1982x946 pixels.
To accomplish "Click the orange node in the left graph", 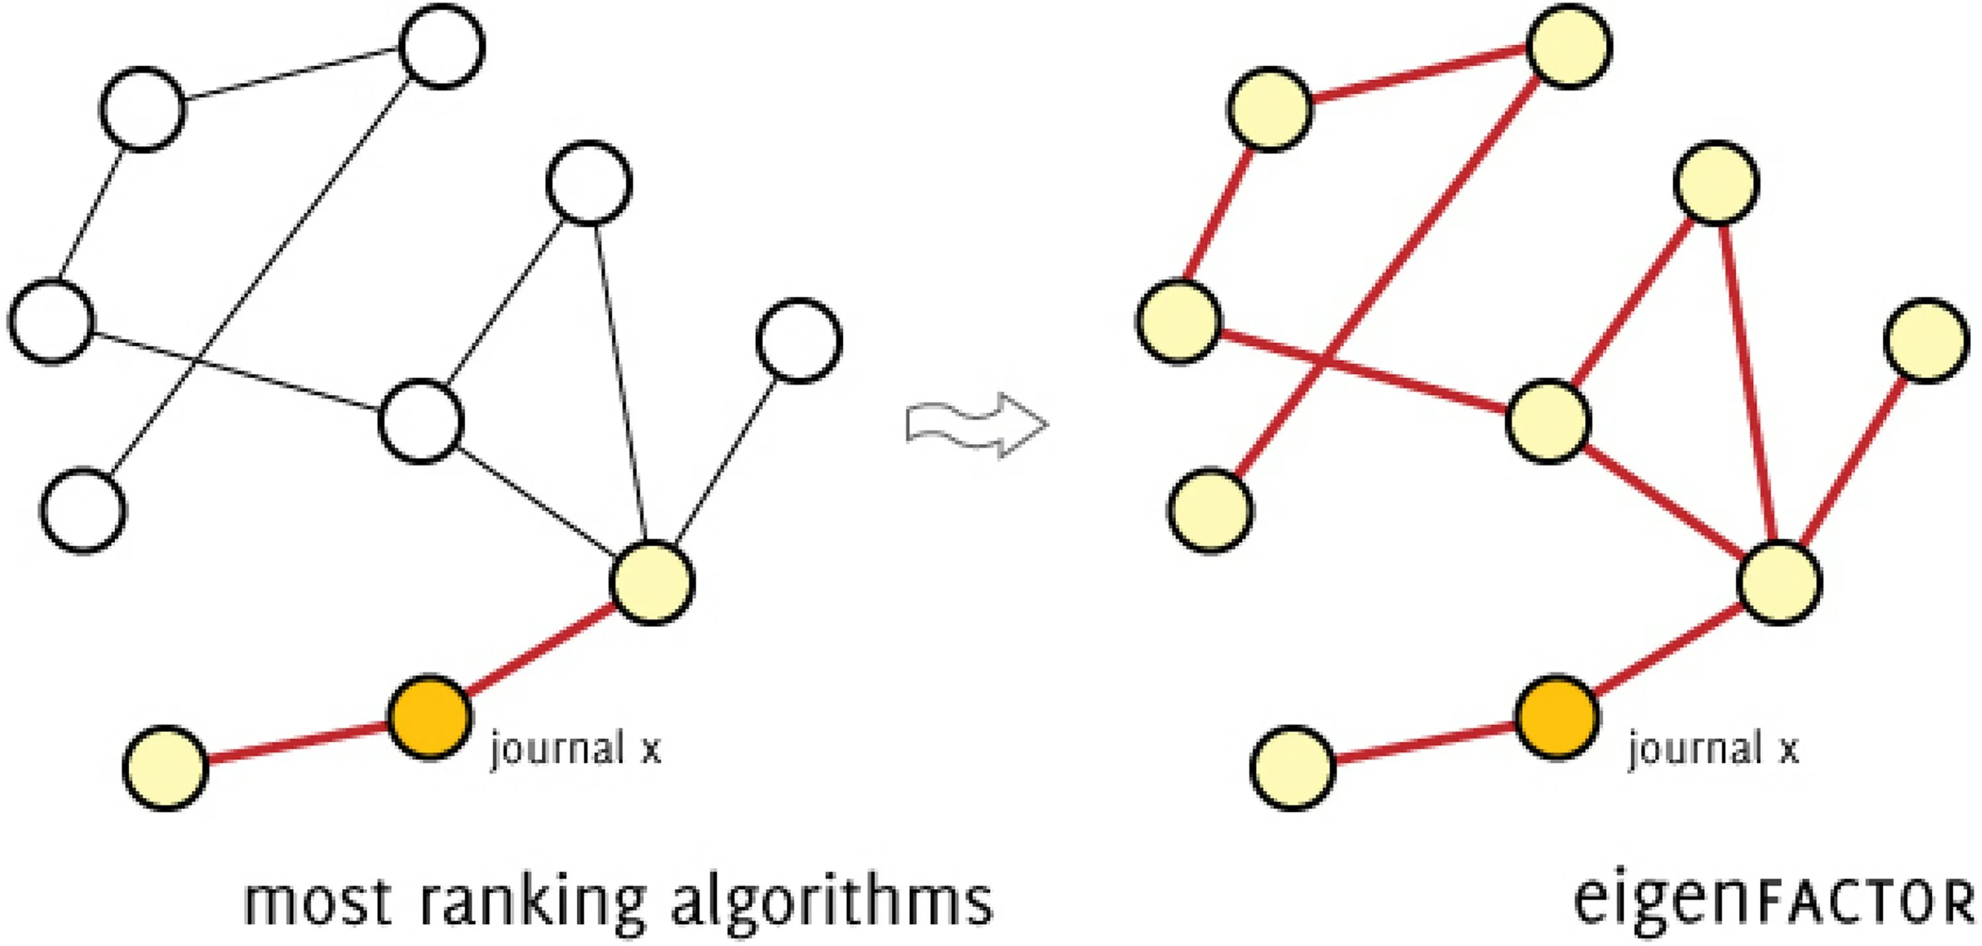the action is click(x=429, y=717).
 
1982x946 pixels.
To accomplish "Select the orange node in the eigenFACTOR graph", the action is click(x=1557, y=717).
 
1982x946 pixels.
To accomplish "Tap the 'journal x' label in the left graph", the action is click(x=576, y=748).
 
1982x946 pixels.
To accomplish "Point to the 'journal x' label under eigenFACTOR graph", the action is click(x=1712, y=748).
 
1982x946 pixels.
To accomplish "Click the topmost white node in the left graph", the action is click(x=443, y=46).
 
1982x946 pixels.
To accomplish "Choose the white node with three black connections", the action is click(x=421, y=421).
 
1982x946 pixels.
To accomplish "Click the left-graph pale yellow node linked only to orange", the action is click(x=165, y=768).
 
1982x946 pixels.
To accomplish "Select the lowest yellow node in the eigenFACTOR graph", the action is click(x=1293, y=768).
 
